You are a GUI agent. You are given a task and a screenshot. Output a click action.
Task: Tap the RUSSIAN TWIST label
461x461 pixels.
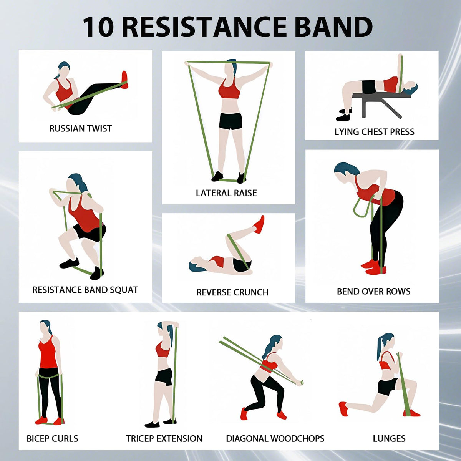click(x=80, y=129)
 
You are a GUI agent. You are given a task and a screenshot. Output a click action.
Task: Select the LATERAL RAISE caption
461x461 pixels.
click(x=226, y=193)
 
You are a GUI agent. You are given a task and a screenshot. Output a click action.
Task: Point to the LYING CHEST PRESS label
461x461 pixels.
click(x=374, y=132)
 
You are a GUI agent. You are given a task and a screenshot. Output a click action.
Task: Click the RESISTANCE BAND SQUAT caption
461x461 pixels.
click(x=85, y=290)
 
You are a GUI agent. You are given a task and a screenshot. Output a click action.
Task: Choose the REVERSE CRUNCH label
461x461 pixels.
click(x=232, y=292)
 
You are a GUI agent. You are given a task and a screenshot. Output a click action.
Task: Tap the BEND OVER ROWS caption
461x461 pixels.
click(x=373, y=292)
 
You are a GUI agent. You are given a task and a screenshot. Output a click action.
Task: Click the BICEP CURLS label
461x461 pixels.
click(x=52, y=439)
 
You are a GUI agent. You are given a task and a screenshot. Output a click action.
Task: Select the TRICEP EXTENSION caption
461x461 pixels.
click(x=164, y=439)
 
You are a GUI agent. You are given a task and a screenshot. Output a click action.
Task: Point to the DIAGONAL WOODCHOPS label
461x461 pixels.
click(x=275, y=439)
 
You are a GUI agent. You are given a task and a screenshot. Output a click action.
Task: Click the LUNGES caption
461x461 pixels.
click(x=389, y=439)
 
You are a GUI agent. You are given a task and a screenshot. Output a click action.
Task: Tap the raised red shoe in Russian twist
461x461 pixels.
click(x=125, y=80)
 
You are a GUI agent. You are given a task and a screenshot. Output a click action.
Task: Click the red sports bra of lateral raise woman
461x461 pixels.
click(x=229, y=90)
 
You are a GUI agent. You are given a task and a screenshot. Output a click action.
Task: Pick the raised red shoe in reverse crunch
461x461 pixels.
click(x=260, y=225)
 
